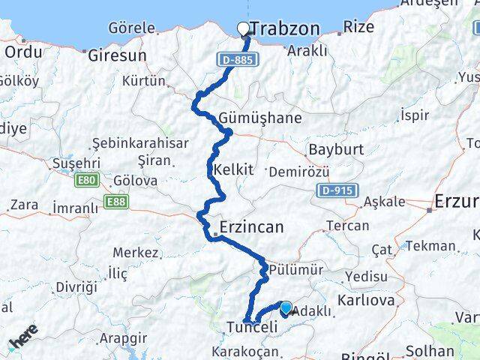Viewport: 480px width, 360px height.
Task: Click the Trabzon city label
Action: [285, 29]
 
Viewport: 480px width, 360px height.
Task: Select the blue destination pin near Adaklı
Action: [285, 307]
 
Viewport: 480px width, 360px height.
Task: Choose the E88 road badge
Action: [116, 201]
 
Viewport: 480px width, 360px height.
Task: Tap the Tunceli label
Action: [252, 327]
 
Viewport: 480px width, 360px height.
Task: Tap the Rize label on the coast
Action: [357, 28]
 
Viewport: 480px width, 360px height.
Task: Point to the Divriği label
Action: [76, 286]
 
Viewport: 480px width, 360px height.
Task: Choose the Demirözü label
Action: [298, 172]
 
